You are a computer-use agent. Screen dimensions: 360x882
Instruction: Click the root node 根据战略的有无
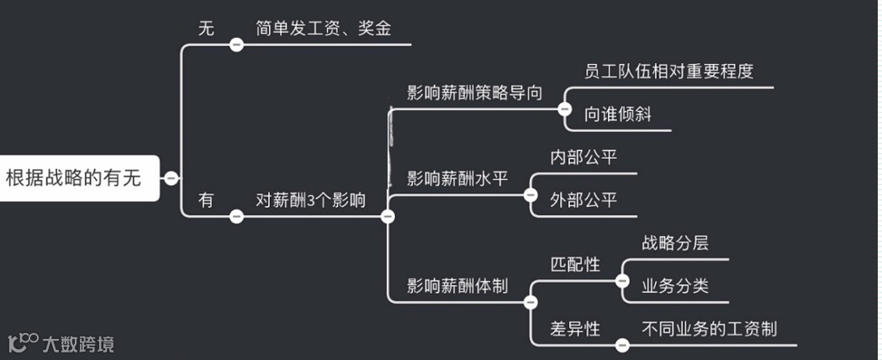[x=73, y=177]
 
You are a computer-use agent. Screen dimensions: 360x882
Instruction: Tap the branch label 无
[x=206, y=29]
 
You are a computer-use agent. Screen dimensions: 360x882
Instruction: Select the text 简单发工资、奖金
[x=324, y=29]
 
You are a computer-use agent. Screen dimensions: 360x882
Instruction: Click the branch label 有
[x=206, y=200]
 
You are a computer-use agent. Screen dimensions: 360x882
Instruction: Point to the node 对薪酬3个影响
[x=311, y=200]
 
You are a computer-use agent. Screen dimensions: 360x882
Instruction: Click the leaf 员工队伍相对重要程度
[x=668, y=71]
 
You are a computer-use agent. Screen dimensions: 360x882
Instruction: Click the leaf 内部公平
[x=584, y=157]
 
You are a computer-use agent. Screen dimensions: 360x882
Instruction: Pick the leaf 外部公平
[x=584, y=200]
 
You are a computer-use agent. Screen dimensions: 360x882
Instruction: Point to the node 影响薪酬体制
[x=457, y=286]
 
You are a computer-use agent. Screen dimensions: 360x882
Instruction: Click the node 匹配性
[x=575, y=265]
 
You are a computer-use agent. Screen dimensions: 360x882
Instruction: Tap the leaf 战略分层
[x=674, y=243]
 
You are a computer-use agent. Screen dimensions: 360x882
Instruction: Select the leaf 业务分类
[x=674, y=286]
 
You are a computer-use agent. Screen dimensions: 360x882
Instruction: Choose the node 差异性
[x=575, y=329]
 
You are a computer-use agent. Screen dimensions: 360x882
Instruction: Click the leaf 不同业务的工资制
[x=709, y=329]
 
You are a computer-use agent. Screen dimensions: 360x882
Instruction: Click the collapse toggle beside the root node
[x=171, y=178]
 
